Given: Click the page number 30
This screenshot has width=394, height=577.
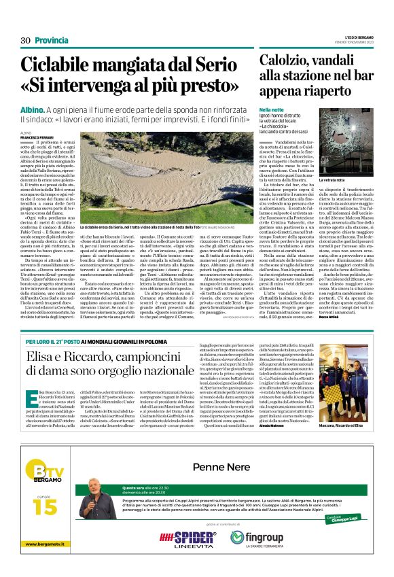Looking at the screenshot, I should [26, 40].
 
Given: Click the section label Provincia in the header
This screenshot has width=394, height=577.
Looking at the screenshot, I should [52, 40].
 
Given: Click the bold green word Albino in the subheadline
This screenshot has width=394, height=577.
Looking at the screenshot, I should [33, 109].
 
